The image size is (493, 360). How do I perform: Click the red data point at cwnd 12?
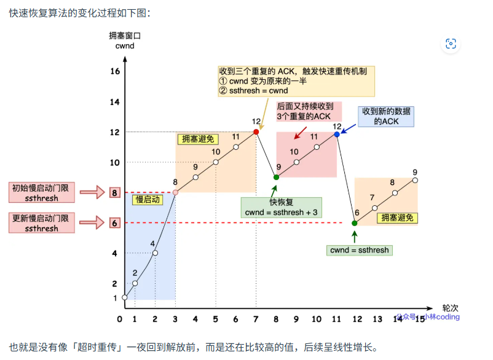[256, 132]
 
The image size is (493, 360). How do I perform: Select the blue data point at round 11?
[336, 134]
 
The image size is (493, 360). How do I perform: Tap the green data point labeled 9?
[276, 177]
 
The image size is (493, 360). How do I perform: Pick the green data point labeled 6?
[355, 223]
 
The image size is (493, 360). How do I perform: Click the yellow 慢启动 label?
[149, 201]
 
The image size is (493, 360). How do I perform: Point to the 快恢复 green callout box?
[280, 207]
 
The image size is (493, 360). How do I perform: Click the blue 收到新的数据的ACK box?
[386, 116]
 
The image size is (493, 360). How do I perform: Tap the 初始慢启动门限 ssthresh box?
[42, 192]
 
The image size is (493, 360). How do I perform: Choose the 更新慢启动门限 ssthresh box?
[42, 222]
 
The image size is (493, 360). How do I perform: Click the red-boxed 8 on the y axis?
[114, 193]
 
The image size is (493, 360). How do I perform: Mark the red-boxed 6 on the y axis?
[114, 223]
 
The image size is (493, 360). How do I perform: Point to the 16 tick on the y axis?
[114, 71]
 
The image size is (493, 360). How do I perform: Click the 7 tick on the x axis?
[256, 319]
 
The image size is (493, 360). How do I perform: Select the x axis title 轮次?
[450, 307]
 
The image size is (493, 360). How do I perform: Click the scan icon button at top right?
[451, 44]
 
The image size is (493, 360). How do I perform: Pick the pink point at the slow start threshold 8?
[175, 192]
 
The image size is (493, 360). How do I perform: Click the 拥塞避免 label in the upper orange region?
[194, 139]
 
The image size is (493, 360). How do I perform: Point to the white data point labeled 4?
[155, 253]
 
